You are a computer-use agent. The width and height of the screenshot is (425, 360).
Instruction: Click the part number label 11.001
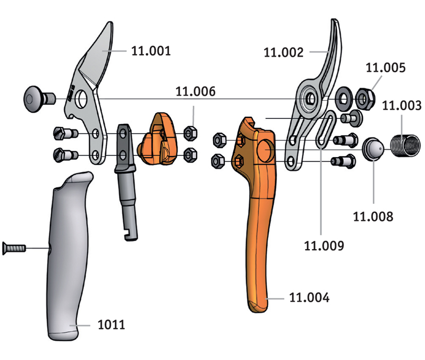click(x=151, y=51)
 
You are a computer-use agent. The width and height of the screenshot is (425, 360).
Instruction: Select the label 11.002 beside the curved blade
click(x=284, y=52)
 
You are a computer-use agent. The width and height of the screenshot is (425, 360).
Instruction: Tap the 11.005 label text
click(x=386, y=67)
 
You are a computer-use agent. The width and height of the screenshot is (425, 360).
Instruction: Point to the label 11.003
click(x=402, y=105)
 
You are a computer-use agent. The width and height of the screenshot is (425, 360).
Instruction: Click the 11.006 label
click(x=195, y=91)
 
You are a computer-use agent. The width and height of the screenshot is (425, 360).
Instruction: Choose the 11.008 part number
click(x=373, y=217)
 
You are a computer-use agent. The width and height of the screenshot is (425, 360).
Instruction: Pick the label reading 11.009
click(x=324, y=246)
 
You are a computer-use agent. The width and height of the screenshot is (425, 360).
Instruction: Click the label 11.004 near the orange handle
click(x=310, y=297)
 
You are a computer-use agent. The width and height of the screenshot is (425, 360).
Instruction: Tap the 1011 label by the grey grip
click(x=112, y=324)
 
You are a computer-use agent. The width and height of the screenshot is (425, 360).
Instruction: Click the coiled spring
click(x=405, y=145)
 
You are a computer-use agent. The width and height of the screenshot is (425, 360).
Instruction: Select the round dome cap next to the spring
click(x=373, y=149)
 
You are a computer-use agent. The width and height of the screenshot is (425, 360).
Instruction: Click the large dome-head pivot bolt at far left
click(x=39, y=99)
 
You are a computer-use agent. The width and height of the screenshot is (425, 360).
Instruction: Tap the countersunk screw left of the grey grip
click(x=14, y=248)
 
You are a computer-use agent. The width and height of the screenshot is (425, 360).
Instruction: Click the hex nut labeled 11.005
click(x=365, y=99)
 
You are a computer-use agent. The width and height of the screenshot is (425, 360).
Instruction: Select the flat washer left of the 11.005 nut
click(x=344, y=99)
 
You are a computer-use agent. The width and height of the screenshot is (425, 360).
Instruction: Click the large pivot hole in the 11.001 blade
click(x=81, y=99)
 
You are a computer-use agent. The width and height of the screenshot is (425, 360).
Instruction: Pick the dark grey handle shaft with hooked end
click(x=125, y=182)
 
